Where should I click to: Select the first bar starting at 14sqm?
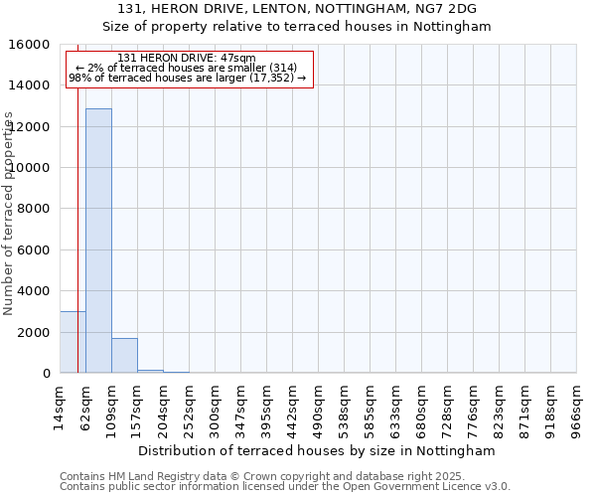point(73,342)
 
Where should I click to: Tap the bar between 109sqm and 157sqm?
point(124,356)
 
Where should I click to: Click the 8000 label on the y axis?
point(33,209)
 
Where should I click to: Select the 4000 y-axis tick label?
point(33,291)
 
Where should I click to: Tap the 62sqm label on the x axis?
point(86,403)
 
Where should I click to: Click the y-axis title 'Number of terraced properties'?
point(9,214)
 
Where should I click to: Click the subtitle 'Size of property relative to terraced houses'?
point(297,26)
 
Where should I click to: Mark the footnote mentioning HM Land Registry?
point(283,476)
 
